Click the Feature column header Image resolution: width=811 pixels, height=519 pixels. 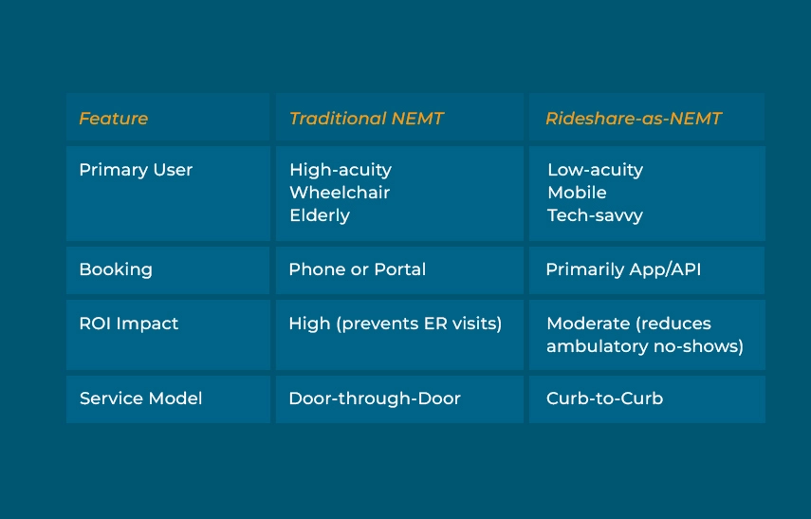[113, 119]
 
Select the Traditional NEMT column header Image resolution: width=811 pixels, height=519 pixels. [366, 119]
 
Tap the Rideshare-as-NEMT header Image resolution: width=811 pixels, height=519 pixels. [633, 119]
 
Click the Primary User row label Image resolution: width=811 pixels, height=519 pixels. [136, 170]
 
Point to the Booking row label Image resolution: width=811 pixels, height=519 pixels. [116, 269]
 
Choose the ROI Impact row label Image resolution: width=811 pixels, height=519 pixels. [128, 324]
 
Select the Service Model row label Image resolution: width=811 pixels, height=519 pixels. [140, 399]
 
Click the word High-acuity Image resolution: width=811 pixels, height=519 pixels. [340, 170]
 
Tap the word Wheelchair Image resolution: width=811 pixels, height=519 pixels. [340, 193]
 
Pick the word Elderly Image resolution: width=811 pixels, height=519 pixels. [320, 215]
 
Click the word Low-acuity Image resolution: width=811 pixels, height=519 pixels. [595, 170]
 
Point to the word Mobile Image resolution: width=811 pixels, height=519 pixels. [577, 193]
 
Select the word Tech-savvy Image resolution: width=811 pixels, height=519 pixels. [595, 215]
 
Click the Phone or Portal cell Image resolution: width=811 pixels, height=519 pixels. [357, 269]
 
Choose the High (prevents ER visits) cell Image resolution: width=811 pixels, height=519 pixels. [395, 324]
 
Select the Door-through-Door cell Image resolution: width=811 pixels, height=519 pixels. [374, 399]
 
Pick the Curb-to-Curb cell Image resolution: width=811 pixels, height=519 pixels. [604, 399]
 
